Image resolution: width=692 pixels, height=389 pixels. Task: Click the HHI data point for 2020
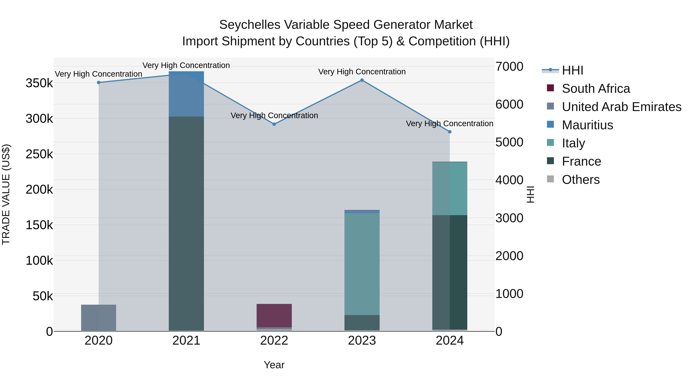pos(99,82)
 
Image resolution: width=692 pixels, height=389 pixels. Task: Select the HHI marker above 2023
pos(362,80)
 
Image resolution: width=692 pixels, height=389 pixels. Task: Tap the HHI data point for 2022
pos(274,124)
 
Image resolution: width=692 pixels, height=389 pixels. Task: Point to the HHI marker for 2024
pos(450,132)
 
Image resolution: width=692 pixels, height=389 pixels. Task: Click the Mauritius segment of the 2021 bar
pos(186,94)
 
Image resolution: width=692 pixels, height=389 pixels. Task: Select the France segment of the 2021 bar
pos(186,223)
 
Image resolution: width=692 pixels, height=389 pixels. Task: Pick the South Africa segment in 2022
pos(274,315)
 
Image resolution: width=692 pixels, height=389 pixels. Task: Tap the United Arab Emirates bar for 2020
pos(99,318)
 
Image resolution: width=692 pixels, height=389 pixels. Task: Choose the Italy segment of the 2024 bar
pos(450,189)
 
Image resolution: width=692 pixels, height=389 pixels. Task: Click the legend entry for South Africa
pos(596,89)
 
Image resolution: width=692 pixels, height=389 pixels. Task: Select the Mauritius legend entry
pos(587,125)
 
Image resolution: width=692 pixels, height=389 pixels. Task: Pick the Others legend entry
pos(581,180)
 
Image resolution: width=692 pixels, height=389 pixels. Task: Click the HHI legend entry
pos(572,70)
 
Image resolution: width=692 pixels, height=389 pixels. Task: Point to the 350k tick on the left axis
pos(39,83)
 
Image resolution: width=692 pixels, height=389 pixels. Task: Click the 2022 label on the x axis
pos(274,341)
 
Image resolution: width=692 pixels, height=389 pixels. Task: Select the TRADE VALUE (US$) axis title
pos(6,194)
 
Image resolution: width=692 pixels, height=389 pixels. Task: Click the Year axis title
pos(274,365)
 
